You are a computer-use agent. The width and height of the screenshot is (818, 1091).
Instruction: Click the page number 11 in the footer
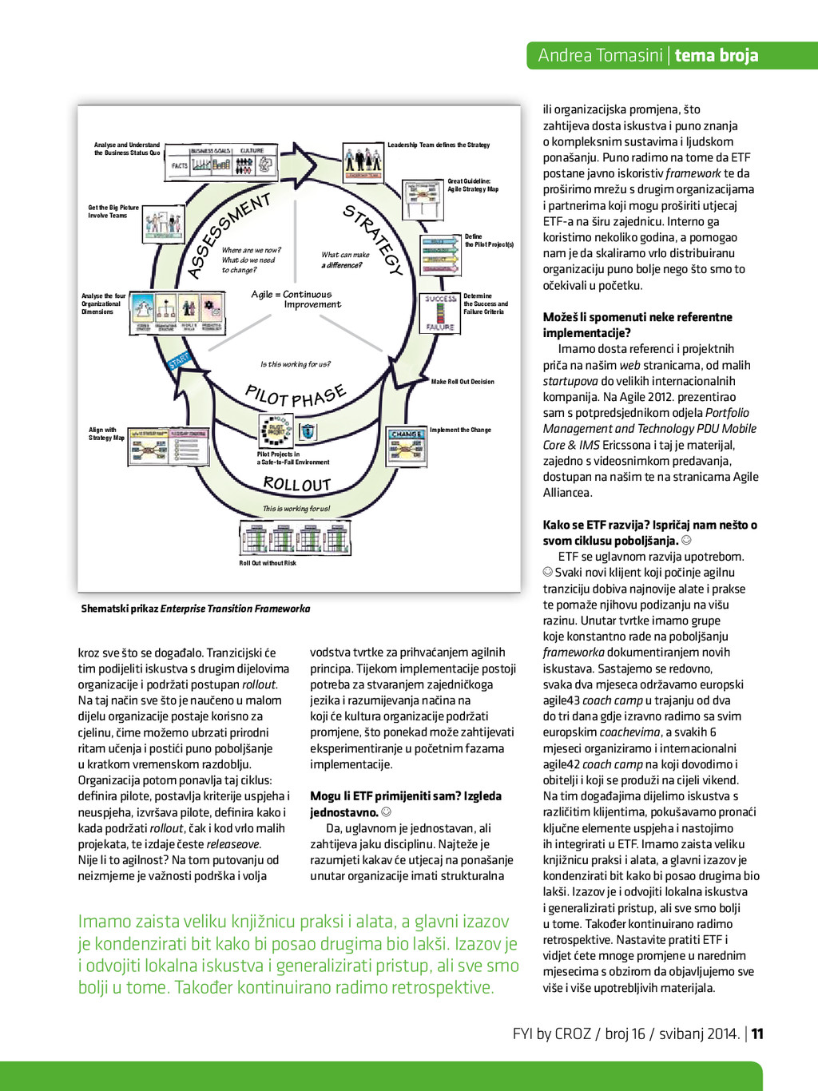coord(757,1033)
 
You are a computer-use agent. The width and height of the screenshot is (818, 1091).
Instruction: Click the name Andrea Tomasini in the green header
coord(600,55)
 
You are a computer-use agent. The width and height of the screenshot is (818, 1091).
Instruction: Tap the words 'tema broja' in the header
coord(717,55)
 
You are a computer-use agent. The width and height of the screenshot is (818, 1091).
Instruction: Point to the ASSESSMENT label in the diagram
coord(228,235)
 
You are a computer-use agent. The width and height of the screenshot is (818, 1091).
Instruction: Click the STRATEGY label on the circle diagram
coord(372,240)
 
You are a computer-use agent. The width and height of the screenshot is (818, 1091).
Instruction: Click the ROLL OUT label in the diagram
coord(296,484)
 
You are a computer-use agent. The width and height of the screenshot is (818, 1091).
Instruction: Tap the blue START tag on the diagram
coord(179,360)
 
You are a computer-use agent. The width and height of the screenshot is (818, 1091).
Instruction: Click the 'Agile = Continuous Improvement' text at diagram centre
coord(296,300)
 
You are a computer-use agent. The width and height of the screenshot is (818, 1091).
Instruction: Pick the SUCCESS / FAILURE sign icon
coord(440,312)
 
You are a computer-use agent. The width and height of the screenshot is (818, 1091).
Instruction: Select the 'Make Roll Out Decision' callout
coord(463,382)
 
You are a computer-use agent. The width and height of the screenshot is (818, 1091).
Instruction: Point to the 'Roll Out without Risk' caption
coord(268,563)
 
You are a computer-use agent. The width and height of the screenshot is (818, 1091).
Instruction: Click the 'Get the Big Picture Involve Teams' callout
coord(113,212)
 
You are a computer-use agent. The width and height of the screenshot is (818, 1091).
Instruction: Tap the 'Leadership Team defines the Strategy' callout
coord(439,145)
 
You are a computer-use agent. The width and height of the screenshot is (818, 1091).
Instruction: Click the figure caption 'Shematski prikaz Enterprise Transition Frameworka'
coord(196,609)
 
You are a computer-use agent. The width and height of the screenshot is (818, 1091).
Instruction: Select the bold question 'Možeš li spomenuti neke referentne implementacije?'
coord(637,325)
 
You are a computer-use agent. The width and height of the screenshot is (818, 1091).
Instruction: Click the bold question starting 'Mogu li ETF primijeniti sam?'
coord(406,803)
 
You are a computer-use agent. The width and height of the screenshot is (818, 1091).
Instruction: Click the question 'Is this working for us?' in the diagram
coord(295,364)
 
